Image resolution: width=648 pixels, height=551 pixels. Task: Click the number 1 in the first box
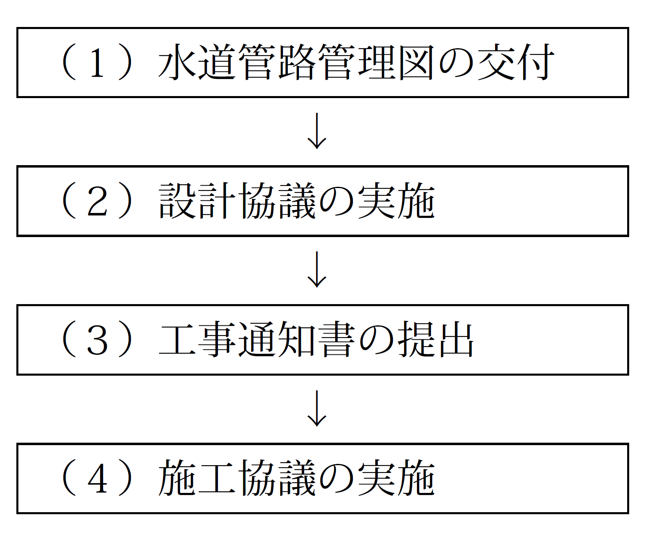97,63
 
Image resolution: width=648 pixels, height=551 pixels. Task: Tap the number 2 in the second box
97,202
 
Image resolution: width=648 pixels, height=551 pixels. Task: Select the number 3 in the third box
97,340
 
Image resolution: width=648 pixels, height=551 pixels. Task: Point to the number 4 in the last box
97,479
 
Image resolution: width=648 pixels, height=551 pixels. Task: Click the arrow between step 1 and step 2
317,131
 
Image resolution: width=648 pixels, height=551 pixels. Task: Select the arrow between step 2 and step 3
317,269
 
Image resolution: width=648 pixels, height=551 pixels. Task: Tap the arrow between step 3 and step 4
317,408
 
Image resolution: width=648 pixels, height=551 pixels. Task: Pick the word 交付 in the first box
516,63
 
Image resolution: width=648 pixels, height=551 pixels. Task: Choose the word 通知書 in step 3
296,340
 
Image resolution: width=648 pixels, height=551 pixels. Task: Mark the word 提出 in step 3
436,340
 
